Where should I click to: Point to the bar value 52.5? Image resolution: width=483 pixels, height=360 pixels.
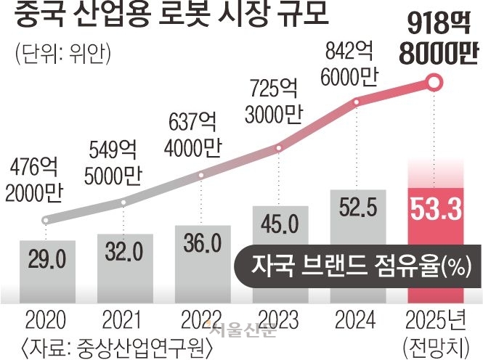pos(356,211)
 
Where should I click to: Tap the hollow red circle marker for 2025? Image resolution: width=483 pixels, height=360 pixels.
pos(434,83)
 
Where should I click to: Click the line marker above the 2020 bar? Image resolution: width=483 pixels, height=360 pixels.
pos(45,219)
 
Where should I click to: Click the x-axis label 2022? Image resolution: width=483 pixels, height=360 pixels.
pos(200,320)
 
